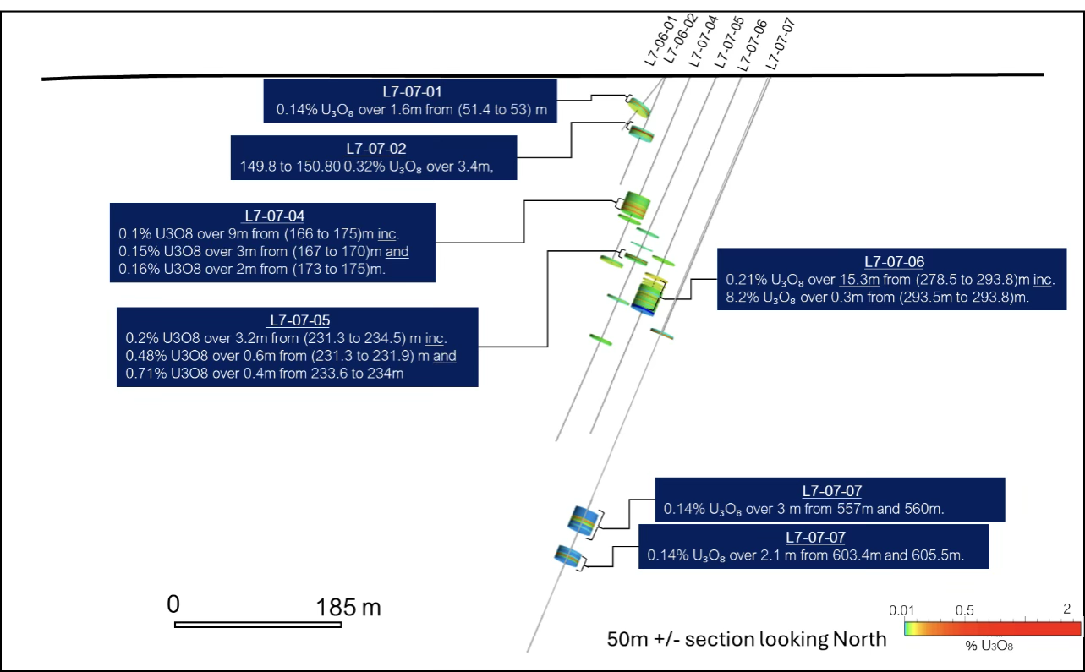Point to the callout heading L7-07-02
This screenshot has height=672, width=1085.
coord(375,149)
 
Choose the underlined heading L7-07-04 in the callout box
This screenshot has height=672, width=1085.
coord(273,216)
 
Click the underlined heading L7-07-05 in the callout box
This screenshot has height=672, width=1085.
coord(299,320)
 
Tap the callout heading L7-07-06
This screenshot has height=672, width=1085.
coord(894,261)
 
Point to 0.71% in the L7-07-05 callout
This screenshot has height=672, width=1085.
coord(142,373)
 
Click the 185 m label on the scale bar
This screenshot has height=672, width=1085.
coord(348,606)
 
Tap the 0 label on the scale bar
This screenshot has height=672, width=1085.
coord(173,604)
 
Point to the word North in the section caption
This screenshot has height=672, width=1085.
coord(857,639)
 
